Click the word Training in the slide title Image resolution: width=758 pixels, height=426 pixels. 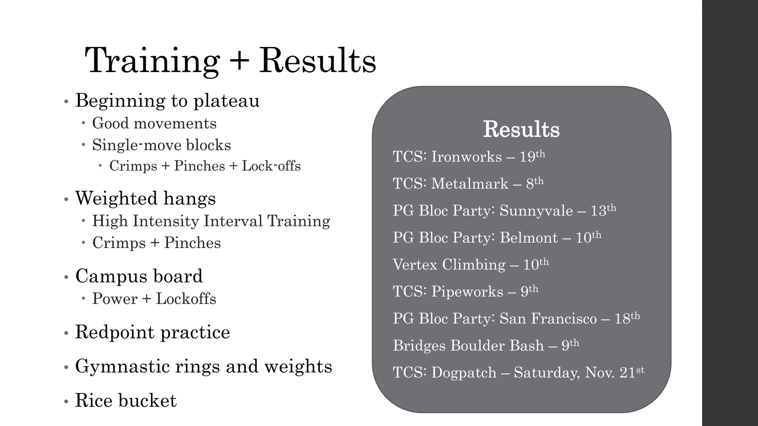pyautogui.click(x=152, y=61)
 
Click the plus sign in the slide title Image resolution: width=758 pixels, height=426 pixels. pyautogui.click(x=239, y=61)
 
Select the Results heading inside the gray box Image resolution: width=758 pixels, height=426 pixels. pyautogui.click(x=521, y=129)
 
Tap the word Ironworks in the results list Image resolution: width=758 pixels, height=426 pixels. pyautogui.click(x=466, y=157)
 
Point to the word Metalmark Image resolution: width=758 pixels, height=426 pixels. pyautogui.click(x=470, y=184)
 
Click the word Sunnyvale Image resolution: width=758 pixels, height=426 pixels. pyautogui.click(x=536, y=211)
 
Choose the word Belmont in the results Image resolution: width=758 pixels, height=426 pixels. pyautogui.click(x=529, y=238)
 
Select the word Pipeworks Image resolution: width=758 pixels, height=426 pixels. pyautogui.click(x=467, y=292)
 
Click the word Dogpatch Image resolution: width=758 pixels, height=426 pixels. pyautogui.click(x=463, y=373)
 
